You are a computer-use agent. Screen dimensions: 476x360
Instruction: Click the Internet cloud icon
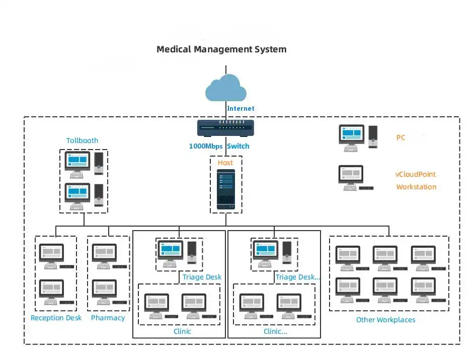pyautogui.click(x=226, y=88)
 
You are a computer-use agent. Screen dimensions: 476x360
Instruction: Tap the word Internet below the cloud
pyautogui.click(x=241, y=108)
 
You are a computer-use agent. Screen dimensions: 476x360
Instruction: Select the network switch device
pyautogui.click(x=225, y=128)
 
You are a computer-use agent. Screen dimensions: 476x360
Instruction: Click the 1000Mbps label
pyautogui.click(x=206, y=146)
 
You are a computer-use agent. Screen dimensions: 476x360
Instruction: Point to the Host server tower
pyautogui.click(x=226, y=189)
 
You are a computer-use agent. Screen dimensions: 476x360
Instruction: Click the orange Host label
pyautogui.click(x=225, y=163)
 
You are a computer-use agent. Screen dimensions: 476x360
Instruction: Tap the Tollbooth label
pyautogui.click(x=82, y=140)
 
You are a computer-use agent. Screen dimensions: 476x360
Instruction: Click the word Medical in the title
pyautogui.click(x=174, y=49)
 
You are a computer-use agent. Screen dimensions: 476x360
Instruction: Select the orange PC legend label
pyautogui.click(x=401, y=137)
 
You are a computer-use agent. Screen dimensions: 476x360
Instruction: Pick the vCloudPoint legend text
pyautogui.click(x=415, y=174)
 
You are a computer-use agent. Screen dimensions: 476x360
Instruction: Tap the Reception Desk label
pyautogui.click(x=56, y=318)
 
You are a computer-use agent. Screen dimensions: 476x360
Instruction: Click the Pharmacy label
pyautogui.click(x=108, y=318)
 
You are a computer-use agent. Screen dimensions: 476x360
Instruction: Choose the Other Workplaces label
pyautogui.click(x=386, y=320)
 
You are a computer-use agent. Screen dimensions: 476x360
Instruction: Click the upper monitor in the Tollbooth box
pyautogui.click(x=77, y=164)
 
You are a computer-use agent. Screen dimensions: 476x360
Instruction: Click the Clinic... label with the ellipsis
pyautogui.click(x=275, y=331)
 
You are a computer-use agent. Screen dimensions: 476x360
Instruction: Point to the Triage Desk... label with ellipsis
pyautogui.click(x=297, y=277)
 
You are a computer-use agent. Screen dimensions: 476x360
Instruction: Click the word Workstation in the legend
pyautogui.click(x=416, y=187)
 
